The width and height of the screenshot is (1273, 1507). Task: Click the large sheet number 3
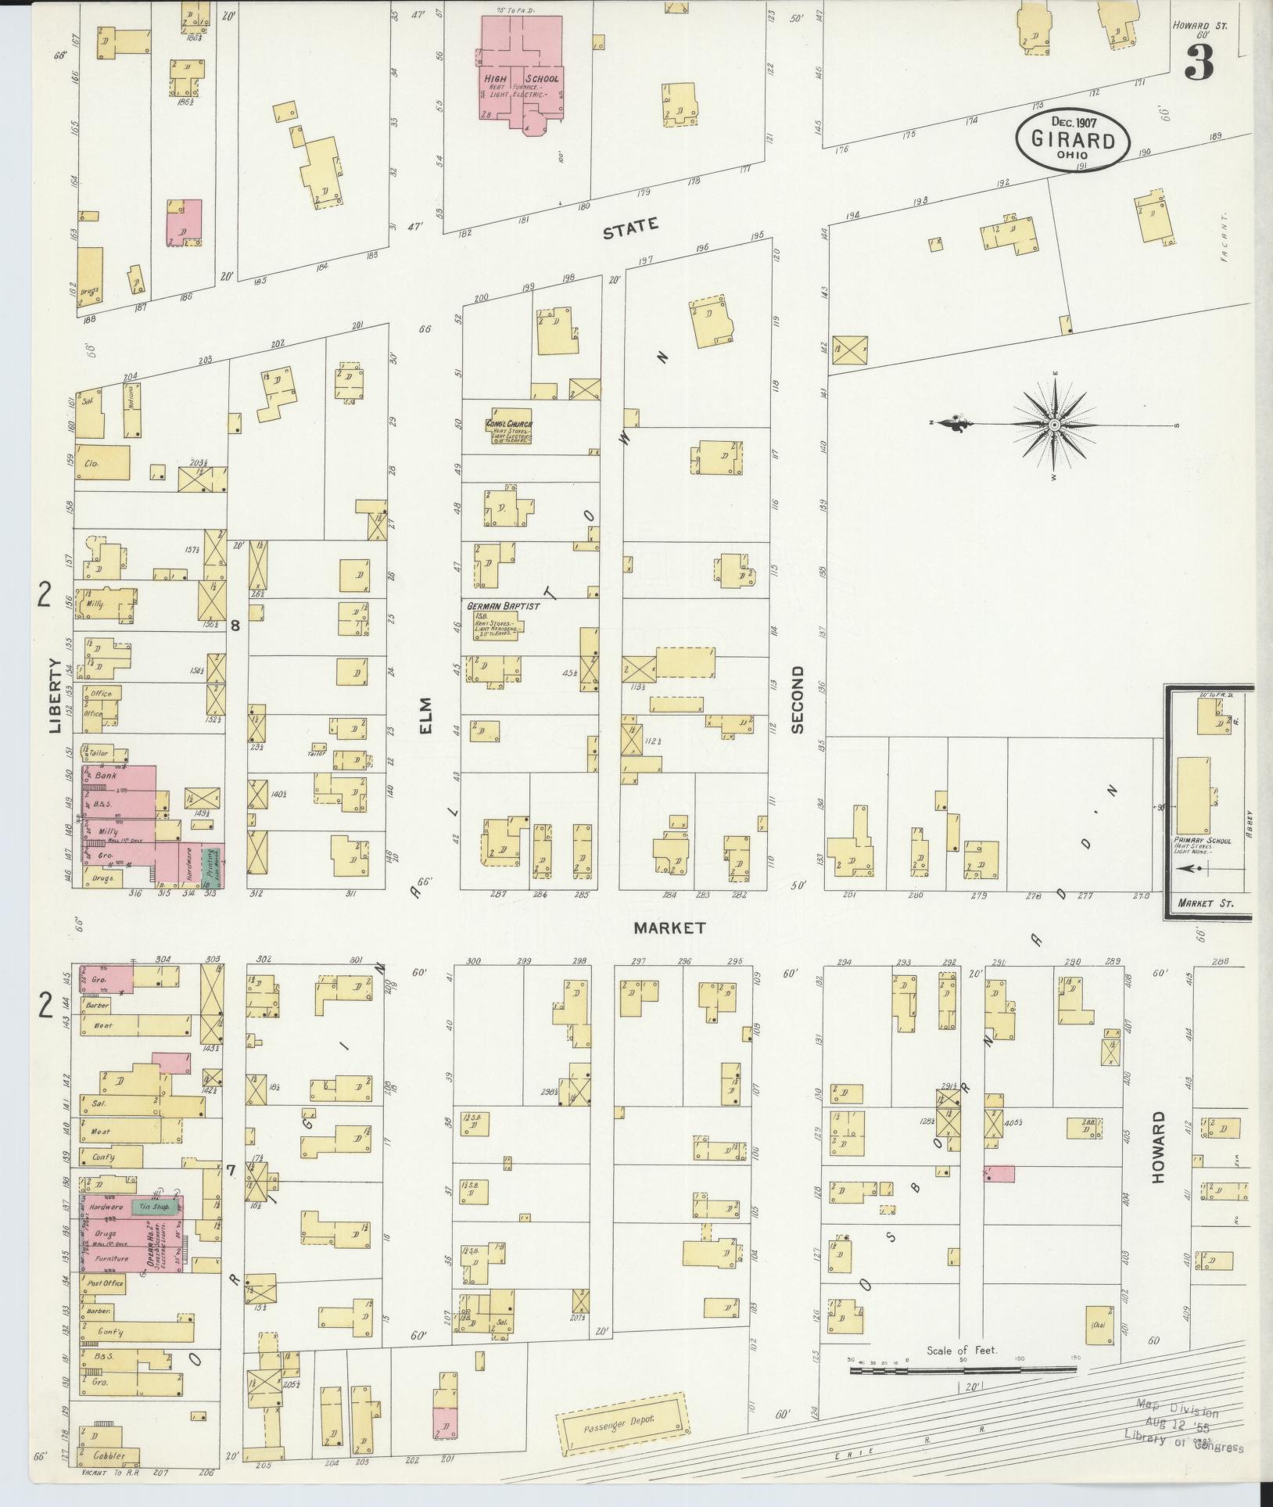click(1198, 61)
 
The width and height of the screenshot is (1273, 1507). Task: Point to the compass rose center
click(1054, 425)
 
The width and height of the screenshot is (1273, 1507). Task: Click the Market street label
click(669, 928)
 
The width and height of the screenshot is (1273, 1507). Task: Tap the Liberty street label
click(54, 695)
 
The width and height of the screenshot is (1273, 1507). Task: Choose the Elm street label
click(425, 716)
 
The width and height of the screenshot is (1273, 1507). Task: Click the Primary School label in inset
click(1202, 841)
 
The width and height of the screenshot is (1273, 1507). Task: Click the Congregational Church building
click(509, 426)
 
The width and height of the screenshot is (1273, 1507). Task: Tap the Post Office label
click(102, 1284)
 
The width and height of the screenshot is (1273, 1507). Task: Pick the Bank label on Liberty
click(105, 776)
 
